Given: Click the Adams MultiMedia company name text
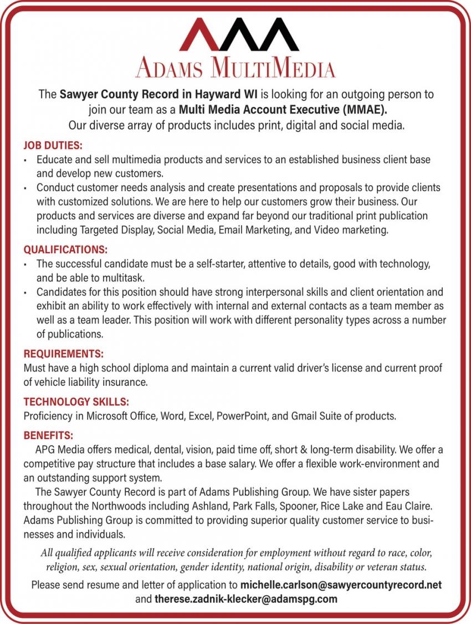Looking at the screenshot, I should [235, 68].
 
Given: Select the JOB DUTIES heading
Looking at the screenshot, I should [53, 146].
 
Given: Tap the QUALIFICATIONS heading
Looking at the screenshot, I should [65, 250].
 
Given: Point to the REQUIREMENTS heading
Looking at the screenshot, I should [64, 354].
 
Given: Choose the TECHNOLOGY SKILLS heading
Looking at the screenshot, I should [76, 402].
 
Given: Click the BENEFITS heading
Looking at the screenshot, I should [48, 436].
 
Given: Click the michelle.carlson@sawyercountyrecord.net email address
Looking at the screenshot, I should [341, 585].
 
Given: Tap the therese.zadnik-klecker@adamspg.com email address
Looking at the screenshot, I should [245, 599].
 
